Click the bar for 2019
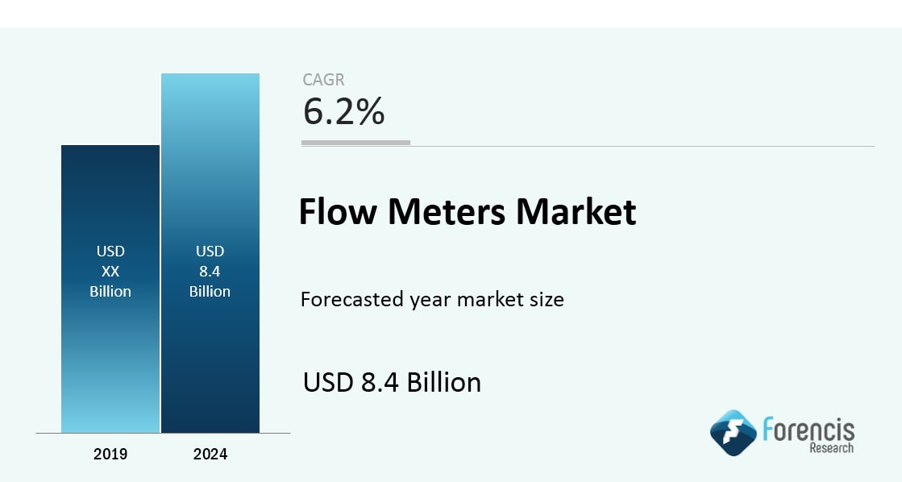coord(110,289)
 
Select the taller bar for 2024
coord(210,253)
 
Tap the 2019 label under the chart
coord(110,455)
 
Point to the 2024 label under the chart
coord(210,455)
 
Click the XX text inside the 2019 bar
coord(110,272)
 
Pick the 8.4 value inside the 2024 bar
coord(210,272)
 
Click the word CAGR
coord(323,79)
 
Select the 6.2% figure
coord(343,111)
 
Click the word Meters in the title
coord(447,211)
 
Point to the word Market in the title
coord(576,211)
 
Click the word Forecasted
coord(351,299)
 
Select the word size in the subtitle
coord(546,299)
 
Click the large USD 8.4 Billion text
coord(392,382)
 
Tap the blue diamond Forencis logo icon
coord(733,433)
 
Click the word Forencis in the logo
coord(808,430)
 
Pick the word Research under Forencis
coord(832,447)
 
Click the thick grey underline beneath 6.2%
coord(356,143)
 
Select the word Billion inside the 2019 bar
coord(110,292)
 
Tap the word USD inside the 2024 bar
coord(210,251)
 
